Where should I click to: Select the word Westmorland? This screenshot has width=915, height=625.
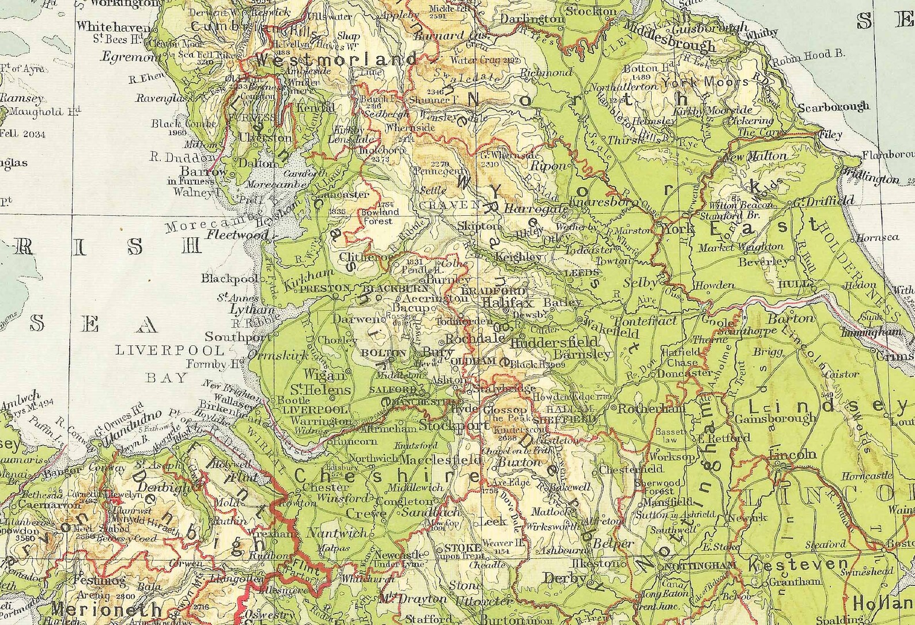coord(336,59)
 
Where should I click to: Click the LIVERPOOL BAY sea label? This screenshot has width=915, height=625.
coord(169,363)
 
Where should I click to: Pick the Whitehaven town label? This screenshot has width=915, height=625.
coord(114,26)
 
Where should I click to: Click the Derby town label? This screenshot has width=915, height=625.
coord(565,578)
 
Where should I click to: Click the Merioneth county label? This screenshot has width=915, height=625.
coord(98,608)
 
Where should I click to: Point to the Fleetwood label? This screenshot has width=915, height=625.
coord(237,235)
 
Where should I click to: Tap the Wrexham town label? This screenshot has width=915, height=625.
coord(263,533)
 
